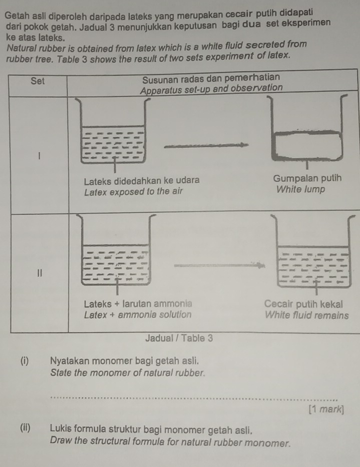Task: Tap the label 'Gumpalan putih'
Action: (x=308, y=178)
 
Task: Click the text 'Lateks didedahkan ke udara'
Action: (x=142, y=179)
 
